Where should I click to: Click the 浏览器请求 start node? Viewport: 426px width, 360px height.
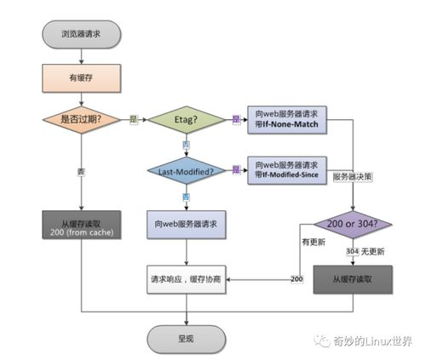[x=81, y=35]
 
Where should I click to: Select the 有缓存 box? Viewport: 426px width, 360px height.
[x=81, y=78]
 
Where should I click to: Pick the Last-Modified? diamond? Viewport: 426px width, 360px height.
[x=185, y=172]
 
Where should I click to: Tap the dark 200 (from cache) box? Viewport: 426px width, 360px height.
[x=81, y=226]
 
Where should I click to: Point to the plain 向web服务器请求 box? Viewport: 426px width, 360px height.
[x=185, y=224]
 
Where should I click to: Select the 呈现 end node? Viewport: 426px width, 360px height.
[x=185, y=337]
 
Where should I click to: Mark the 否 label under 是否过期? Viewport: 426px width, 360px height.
[x=81, y=171]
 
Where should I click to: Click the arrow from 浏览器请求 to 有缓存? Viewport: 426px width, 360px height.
[x=81, y=54]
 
